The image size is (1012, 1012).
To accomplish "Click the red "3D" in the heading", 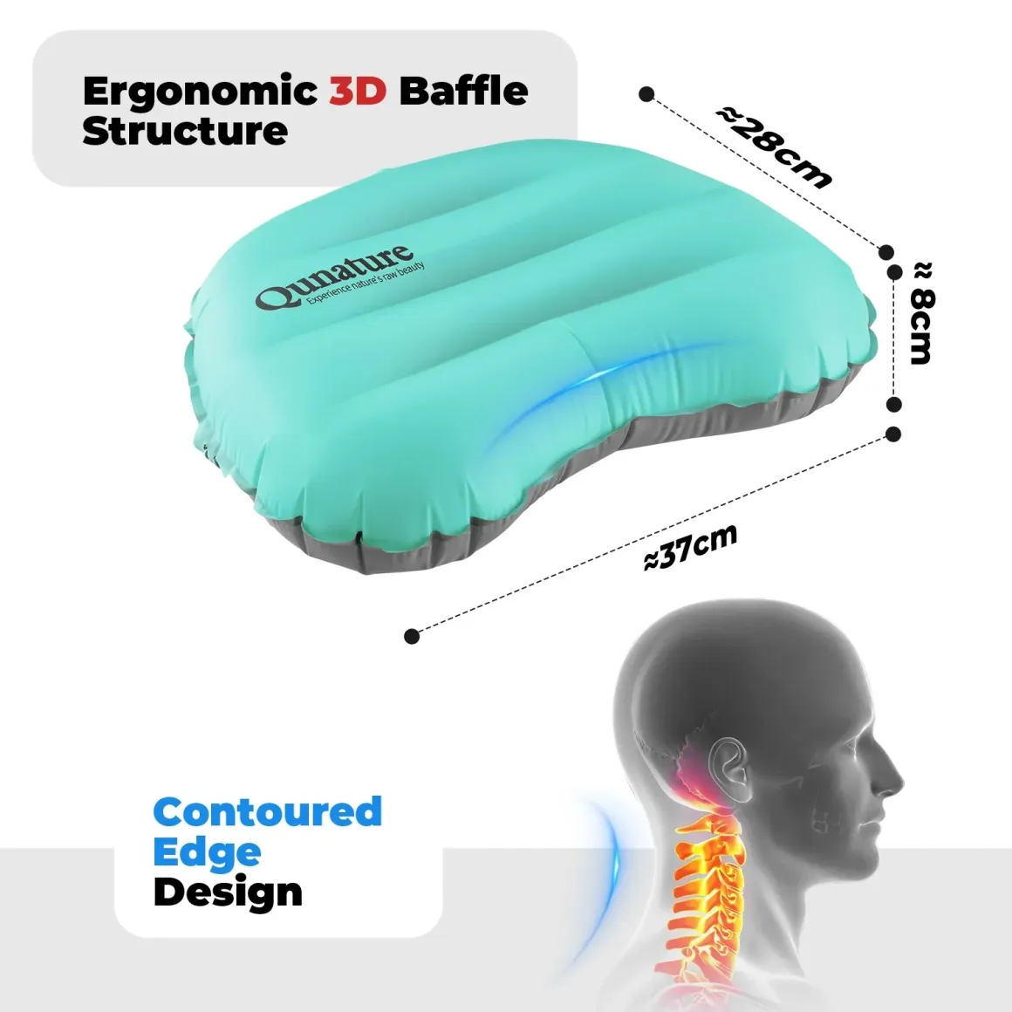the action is click(x=358, y=91).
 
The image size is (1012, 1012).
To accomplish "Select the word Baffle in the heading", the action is click(x=463, y=91).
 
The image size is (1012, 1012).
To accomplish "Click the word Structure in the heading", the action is click(x=185, y=131).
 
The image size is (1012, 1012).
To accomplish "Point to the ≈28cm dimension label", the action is click(x=775, y=147).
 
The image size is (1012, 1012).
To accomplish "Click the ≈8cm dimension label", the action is click(x=921, y=312).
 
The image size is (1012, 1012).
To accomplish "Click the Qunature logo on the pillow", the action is click(x=333, y=277).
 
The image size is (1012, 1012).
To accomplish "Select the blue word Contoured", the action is click(x=268, y=812).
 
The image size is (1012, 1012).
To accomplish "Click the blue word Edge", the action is click(x=207, y=853).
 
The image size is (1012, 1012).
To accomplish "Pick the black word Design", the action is click(x=228, y=893).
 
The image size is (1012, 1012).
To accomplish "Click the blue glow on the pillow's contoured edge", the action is click(x=581, y=387).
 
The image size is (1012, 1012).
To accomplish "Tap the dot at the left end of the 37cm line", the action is click(x=412, y=636).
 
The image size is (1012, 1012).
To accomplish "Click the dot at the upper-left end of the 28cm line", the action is click(x=646, y=94).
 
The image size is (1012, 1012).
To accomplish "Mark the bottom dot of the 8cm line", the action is click(x=894, y=405).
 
